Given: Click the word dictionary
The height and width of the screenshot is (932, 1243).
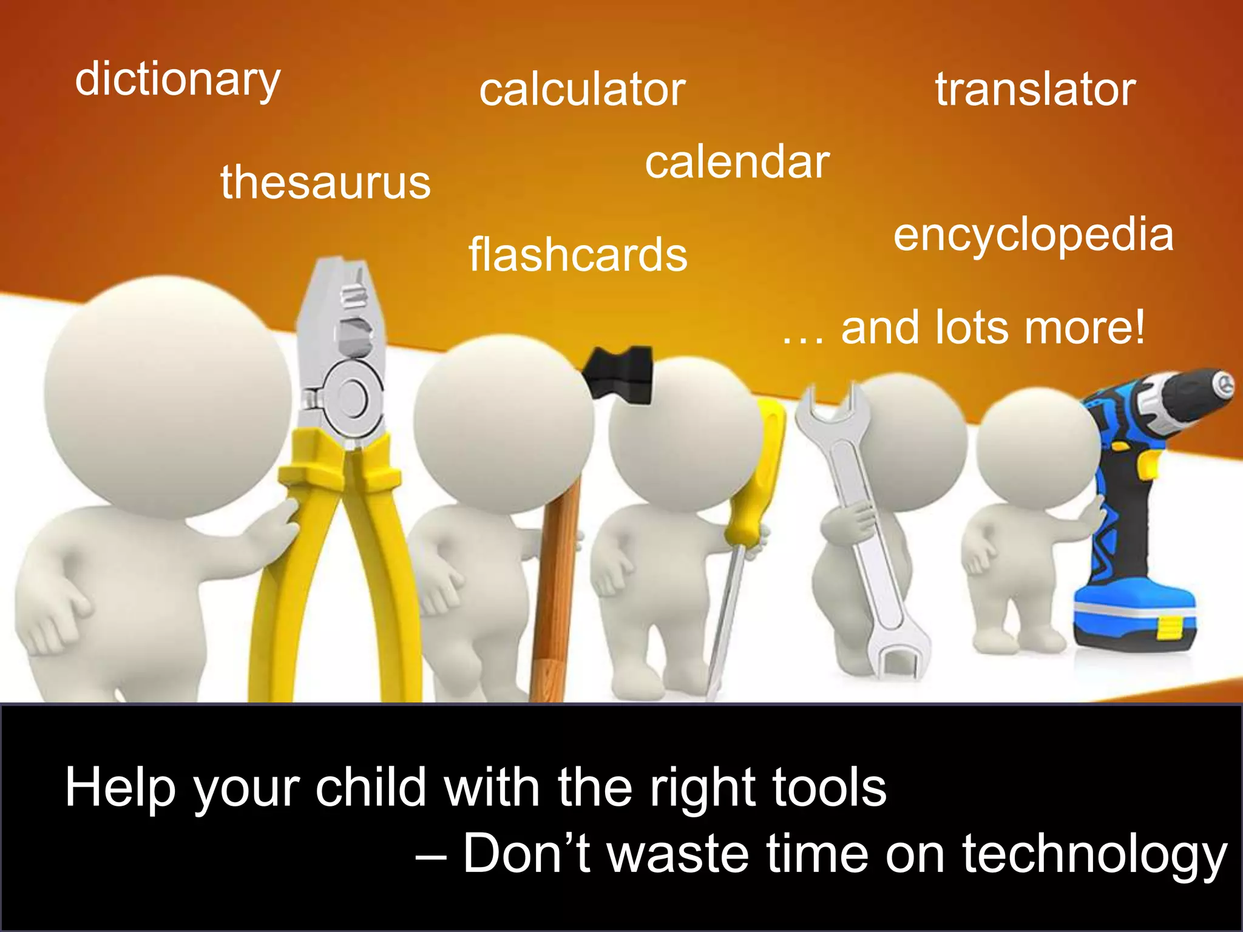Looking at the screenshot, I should (177, 80).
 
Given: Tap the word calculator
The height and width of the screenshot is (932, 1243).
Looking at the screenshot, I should (582, 90).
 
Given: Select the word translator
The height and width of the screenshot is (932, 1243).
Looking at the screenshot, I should (1035, 90).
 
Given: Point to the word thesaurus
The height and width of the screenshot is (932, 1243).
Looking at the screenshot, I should (325, 182).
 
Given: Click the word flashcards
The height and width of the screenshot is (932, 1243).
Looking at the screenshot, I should (578, 255).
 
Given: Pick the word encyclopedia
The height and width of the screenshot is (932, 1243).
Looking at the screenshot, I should (1034, 235).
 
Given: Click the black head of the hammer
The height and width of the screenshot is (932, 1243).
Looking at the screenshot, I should (619, 373).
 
